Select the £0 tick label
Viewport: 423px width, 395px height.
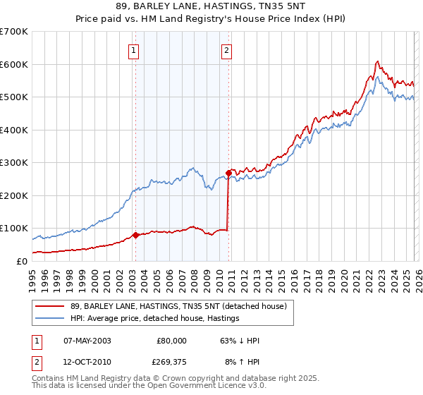[x=21, y=261]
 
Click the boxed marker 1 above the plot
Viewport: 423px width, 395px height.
[x=134, y=50]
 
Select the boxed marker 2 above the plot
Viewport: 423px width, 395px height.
[x=227, y=50]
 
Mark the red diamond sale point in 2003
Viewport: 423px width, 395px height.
[x=135, y=235]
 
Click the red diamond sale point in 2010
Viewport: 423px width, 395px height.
[x=228, y=172]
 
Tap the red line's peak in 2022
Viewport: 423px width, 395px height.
[x=377, y=61]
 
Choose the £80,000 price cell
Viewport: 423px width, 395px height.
[x=171, y=341]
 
